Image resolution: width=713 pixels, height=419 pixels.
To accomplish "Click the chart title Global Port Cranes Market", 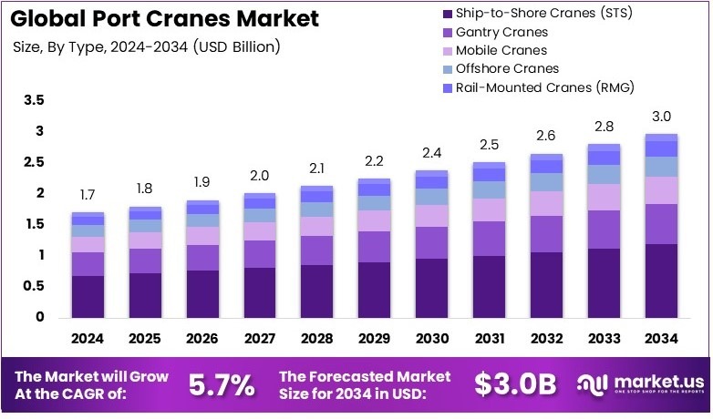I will tap(163, 17).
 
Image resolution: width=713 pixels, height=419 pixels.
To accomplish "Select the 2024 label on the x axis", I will tap(88, 338).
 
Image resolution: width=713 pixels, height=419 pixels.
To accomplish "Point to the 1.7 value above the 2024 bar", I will tap(88, 195).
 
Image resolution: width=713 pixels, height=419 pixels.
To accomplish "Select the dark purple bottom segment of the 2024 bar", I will tap(88, 296).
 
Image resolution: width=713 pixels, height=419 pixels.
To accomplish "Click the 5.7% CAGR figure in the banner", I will tap(221, 385).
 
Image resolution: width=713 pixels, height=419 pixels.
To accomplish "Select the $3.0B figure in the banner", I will tap(515, 385).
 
